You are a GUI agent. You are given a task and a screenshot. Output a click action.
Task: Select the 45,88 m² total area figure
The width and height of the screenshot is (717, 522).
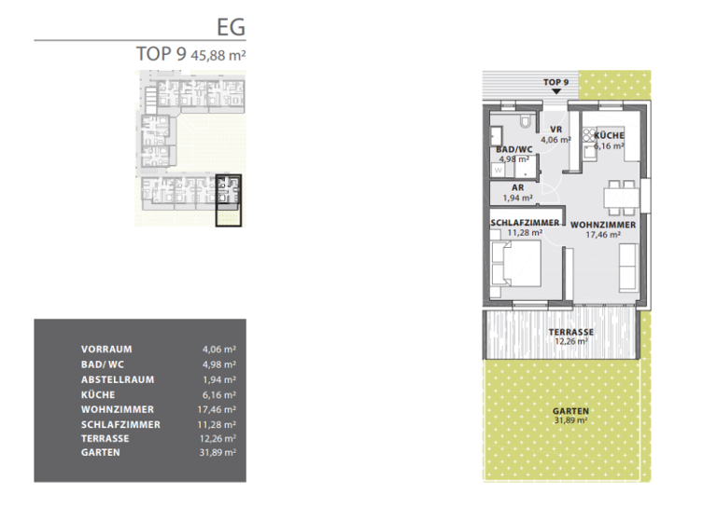tap(218, 54)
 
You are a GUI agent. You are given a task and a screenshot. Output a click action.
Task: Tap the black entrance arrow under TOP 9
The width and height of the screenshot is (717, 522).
tap(556, 91)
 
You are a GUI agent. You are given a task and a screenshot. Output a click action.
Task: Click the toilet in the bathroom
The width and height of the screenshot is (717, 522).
tap(526, 123)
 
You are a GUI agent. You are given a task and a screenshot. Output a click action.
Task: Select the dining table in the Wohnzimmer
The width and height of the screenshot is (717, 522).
tap(618, 197)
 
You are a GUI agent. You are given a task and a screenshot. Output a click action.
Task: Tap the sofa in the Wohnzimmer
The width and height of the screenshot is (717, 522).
tap(628, 267)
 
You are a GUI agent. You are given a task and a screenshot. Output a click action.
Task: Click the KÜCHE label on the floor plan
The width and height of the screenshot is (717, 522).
tap(609, 136)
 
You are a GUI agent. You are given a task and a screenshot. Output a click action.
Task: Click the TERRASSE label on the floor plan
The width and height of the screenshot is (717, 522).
tap(571, 332)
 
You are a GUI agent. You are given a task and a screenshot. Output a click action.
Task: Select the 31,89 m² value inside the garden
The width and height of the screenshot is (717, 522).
tap(570, 421)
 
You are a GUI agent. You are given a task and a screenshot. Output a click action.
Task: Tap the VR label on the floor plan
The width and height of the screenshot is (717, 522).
tap(555, 130)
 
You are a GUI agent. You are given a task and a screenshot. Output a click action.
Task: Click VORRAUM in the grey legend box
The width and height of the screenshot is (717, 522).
tap(106, 350)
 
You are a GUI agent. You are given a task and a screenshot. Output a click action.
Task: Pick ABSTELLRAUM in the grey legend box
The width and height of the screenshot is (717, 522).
tap(118, 379)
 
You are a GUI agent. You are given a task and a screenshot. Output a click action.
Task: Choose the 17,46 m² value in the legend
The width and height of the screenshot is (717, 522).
tap(218, 409)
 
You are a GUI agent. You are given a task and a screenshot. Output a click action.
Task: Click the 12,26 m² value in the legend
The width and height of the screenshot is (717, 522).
tap(218, 439)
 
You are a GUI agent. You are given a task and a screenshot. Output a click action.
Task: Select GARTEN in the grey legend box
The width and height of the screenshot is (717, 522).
tap(101, 454)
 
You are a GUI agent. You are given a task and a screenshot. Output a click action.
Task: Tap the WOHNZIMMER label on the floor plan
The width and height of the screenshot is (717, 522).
tap(603, 225)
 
